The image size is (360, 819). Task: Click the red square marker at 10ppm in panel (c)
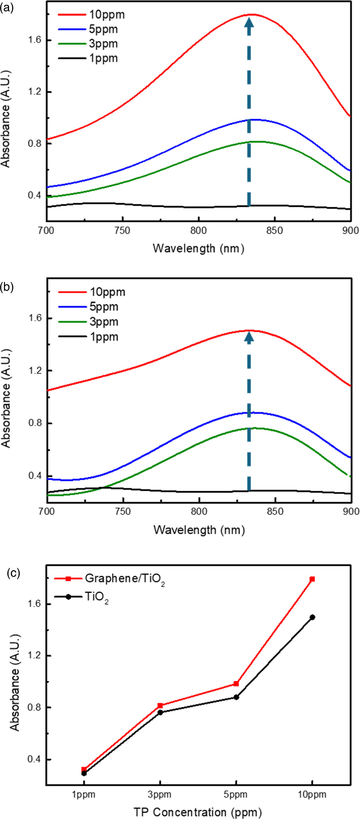point(312,579)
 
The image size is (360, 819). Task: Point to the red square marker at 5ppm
point(236,684)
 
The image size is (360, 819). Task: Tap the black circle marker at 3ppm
point(160,712)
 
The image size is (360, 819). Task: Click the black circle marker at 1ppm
point(84,773)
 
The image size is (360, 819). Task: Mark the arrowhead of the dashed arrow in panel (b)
point(249,337)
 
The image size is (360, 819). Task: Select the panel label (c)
point(14,573)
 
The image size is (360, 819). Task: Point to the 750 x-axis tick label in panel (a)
point(122,230)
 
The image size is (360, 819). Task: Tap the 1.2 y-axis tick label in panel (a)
point(35,92)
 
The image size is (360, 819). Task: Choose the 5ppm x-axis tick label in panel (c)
point(236,794)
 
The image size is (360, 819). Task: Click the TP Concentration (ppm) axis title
point(198,812)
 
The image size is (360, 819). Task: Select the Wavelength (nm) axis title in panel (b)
point(199,530)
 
